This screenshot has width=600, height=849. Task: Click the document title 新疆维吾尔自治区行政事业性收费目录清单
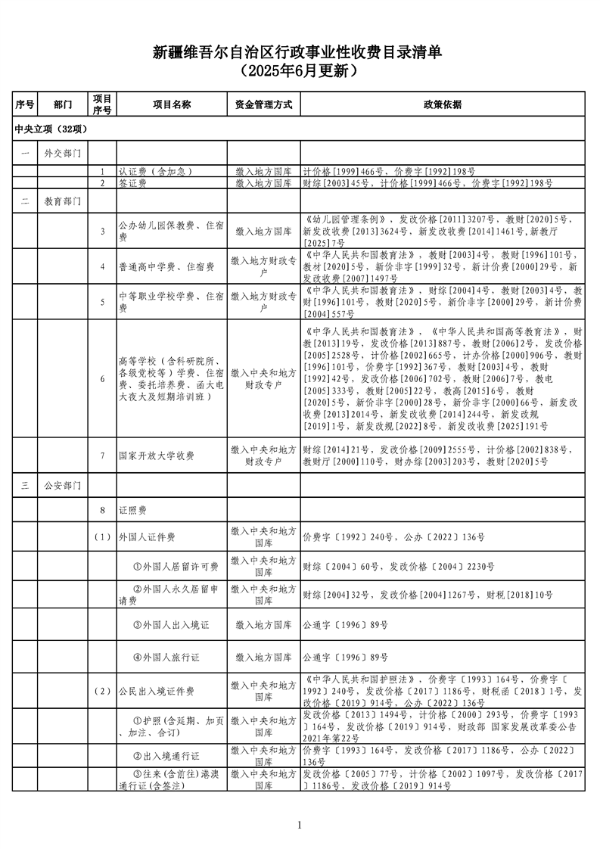[300, 52]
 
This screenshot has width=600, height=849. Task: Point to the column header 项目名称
[171, 104]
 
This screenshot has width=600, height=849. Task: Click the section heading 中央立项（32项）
[52, 129]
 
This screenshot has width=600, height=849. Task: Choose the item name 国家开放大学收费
[157, 456]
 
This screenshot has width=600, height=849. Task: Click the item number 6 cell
[102, 378]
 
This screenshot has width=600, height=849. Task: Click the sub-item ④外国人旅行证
[166, 658]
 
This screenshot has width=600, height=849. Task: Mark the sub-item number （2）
[102, 691]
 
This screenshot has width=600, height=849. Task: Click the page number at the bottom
[300, 825]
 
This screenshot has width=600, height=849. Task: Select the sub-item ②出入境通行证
[166, 756]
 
